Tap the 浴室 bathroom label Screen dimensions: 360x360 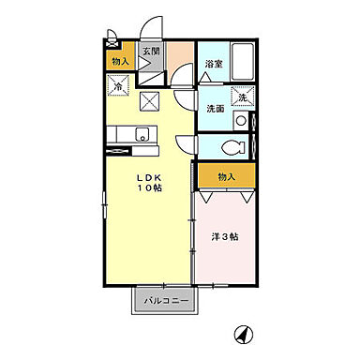click(x=213, y=64)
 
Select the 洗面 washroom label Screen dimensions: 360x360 click(x=215, y=108)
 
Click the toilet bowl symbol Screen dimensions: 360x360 click(x=233, y=147)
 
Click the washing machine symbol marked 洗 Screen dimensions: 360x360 click(x=241, y=97)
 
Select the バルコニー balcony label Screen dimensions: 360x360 click(x=166, y=302)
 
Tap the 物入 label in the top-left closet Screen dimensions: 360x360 click(x=119, y=61)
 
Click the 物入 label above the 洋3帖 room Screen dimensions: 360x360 click(x=225, y=175)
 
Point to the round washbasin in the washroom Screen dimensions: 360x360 click(x=242, y=120)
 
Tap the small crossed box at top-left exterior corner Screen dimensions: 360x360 click(x=112, y=39)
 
